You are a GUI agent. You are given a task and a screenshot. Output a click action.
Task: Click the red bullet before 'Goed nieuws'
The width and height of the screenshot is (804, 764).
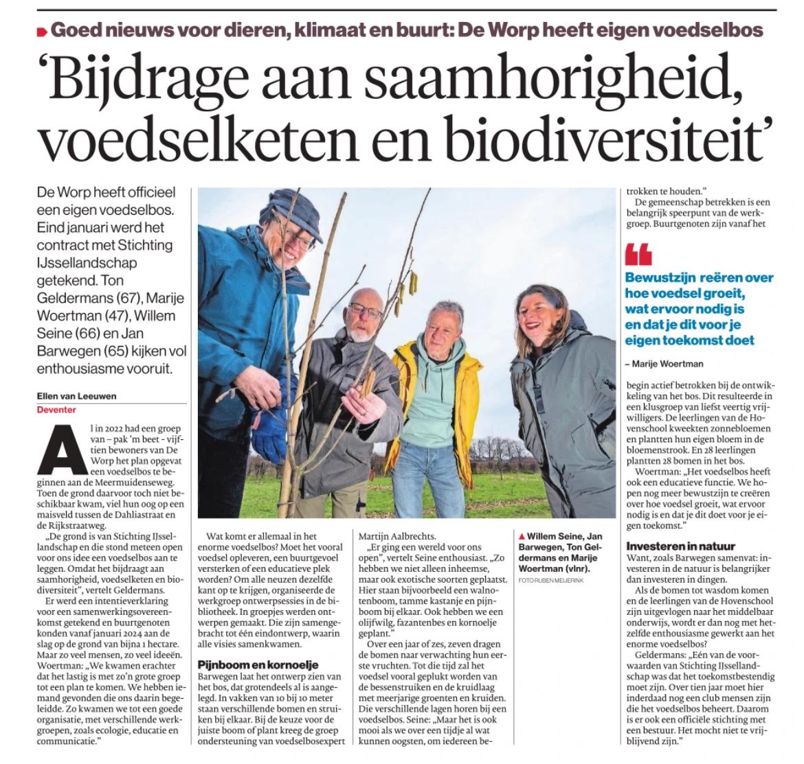[41, 32]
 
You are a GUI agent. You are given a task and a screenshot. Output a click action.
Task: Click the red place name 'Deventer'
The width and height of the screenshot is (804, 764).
[56, 410]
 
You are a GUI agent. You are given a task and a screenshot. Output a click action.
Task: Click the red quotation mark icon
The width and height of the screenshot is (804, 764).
[638, 255]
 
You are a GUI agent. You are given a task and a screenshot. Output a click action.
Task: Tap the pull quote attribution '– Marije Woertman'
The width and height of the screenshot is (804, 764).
[665, 363]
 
